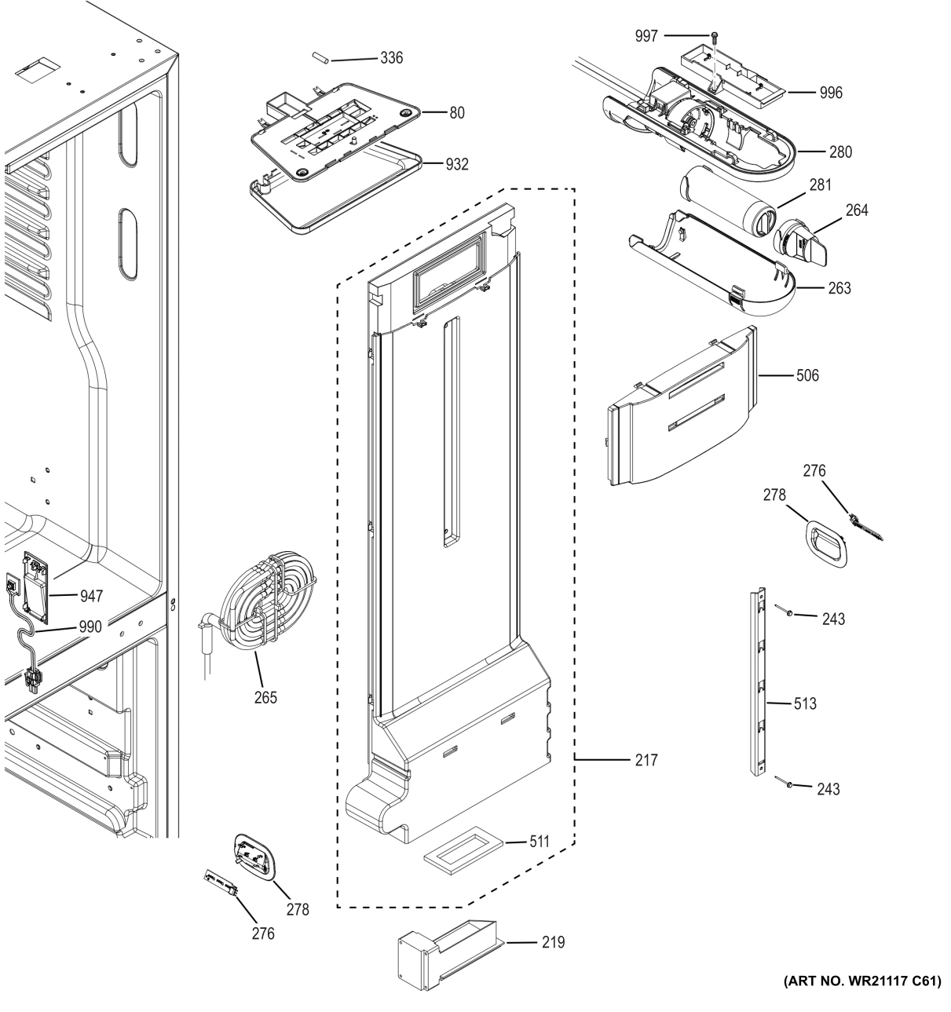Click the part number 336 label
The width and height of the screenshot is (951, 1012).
(x=391, y=58)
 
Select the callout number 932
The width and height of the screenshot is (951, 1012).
(x=456, y=164)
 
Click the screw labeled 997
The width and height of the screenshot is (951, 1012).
(x=714, y=36)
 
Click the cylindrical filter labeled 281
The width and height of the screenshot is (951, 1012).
(x=726, y=206)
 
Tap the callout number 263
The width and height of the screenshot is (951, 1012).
(x=839, y=288)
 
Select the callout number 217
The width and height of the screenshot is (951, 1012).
(x=646, y=760)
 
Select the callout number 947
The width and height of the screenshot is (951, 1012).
(x=91, y=597)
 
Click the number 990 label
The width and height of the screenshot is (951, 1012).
(x=91, y=627)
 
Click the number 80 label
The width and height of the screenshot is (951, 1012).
(x=456, y=112)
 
